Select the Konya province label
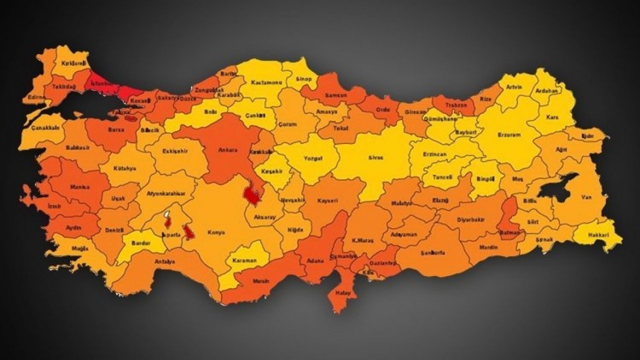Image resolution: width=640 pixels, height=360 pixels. (216, 232)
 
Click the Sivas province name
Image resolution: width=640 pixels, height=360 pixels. (376, 157)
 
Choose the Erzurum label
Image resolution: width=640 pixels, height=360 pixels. (509, 135)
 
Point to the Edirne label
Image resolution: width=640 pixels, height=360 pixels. (36, 97)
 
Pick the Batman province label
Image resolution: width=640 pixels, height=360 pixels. (509, 232)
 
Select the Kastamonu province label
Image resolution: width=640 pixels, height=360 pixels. (264, 82)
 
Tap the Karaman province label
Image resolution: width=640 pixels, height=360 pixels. (244, 260)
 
